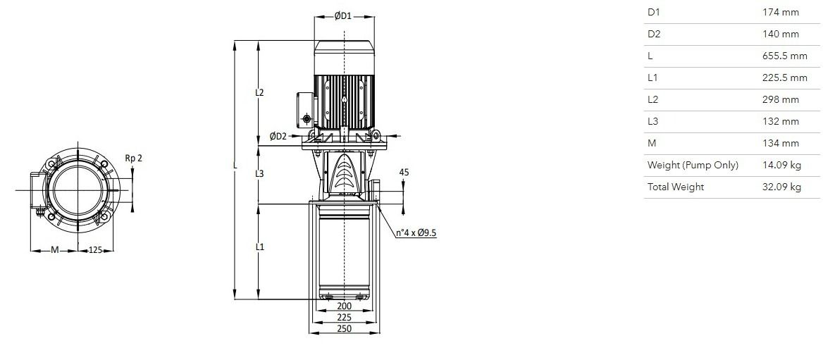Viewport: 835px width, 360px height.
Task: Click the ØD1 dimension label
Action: pyautogui.click(x=343, y=16)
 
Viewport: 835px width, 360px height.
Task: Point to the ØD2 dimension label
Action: pyautogui.click(x=278, y=137)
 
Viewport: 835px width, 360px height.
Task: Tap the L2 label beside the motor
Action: pyautogui.click(x=259, y=92)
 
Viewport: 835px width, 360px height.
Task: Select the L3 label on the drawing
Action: pyautogui.click(x=259, y=173)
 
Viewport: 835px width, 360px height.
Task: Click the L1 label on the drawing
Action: pyautogui.click(x=259, y=247)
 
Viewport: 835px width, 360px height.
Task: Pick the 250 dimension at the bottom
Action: pyautogui.click(x=345, y=328)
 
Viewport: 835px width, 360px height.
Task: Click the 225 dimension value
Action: pyautogui.click(x=345, y=318)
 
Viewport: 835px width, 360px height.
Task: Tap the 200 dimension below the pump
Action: pyautogui.click(x=345, y=306)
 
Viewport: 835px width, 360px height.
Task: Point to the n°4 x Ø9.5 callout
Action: pyautogui.click(x=416, y=232)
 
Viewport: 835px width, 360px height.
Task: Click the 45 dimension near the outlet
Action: pyautogui.click(x=404, y=172)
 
